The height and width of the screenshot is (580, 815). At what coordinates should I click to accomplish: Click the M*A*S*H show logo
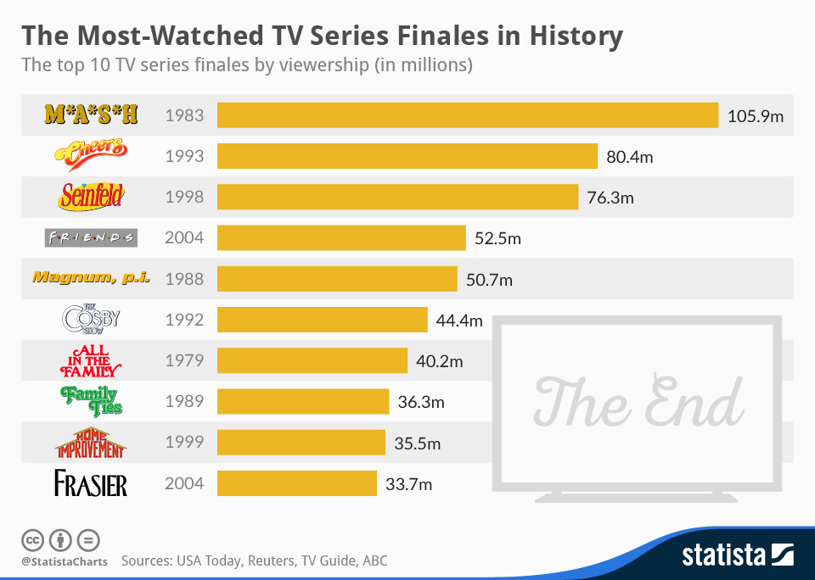(x=91, y=114)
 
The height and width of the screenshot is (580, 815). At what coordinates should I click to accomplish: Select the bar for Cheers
(x=407, y=156)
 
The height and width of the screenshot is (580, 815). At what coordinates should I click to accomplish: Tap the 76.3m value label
(x=610, y=198)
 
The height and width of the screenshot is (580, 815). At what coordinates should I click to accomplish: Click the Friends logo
(x=91, y=237)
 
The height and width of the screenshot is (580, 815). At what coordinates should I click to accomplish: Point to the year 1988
(x=184, y=278)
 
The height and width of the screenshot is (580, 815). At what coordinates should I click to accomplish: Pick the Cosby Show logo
(x=91, y=320)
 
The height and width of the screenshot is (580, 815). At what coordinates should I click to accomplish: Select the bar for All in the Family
(x=312, y=360)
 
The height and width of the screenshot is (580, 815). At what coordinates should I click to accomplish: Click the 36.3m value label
(x=421, y=402)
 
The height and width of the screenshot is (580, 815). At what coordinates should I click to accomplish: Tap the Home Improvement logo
(x=91, y=442)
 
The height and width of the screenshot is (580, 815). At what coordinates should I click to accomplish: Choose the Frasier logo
(x=91, y=484)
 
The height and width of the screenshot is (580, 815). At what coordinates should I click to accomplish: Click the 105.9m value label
(x=756, y=115)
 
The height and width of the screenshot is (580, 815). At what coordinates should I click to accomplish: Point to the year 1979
(x=184, y=360)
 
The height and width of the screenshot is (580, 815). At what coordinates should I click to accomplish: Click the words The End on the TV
(x=638, y=402)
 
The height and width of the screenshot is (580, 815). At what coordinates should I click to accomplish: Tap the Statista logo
(x=737, y=555)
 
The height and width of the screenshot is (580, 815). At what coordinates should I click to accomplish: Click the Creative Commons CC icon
(x=32, y=539)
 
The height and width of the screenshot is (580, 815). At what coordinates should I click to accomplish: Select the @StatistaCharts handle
(x=64, y=561)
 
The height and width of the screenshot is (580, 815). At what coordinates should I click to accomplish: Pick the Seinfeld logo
(x=91, y=197)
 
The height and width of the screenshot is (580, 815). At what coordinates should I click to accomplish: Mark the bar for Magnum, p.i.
(x=337, y=278)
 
